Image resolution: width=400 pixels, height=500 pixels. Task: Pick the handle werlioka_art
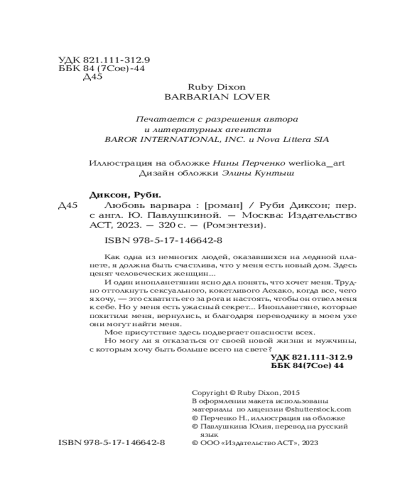pyautogui.click(x=319, y=163)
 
